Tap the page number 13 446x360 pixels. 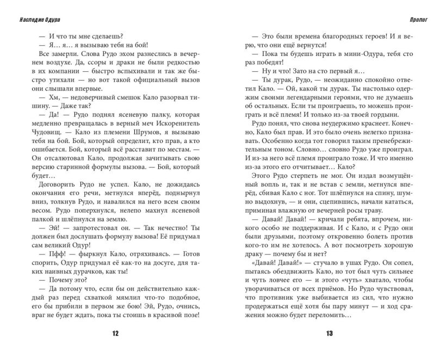click(330, 334)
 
